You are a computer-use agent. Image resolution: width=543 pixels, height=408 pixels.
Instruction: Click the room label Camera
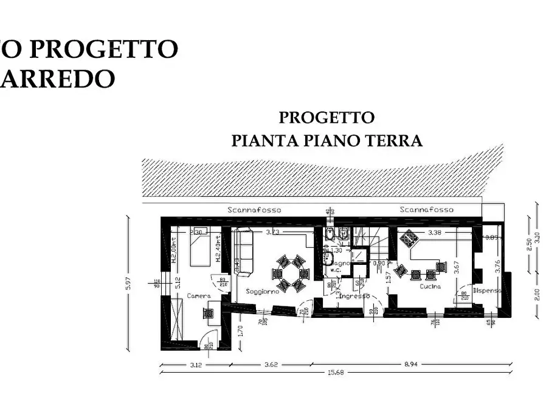click(x=198, y=295)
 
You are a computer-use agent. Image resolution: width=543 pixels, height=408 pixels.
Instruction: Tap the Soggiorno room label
click(x=263, y=292)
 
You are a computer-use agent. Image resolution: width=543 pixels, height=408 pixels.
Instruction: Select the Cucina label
click(x=429, y=286)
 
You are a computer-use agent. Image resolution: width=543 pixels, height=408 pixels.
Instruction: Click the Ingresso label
click(x=355, y=296)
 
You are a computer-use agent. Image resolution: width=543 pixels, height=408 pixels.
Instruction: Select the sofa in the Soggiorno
click(x=243, y=252)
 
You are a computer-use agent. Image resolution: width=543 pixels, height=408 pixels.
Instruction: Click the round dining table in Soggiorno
click(x=291, y=273)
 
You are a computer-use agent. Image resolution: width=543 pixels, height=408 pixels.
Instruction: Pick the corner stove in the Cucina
click(x=408, y=237)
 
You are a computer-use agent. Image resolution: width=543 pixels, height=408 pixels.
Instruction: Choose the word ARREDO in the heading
click(x=58, y=78)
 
